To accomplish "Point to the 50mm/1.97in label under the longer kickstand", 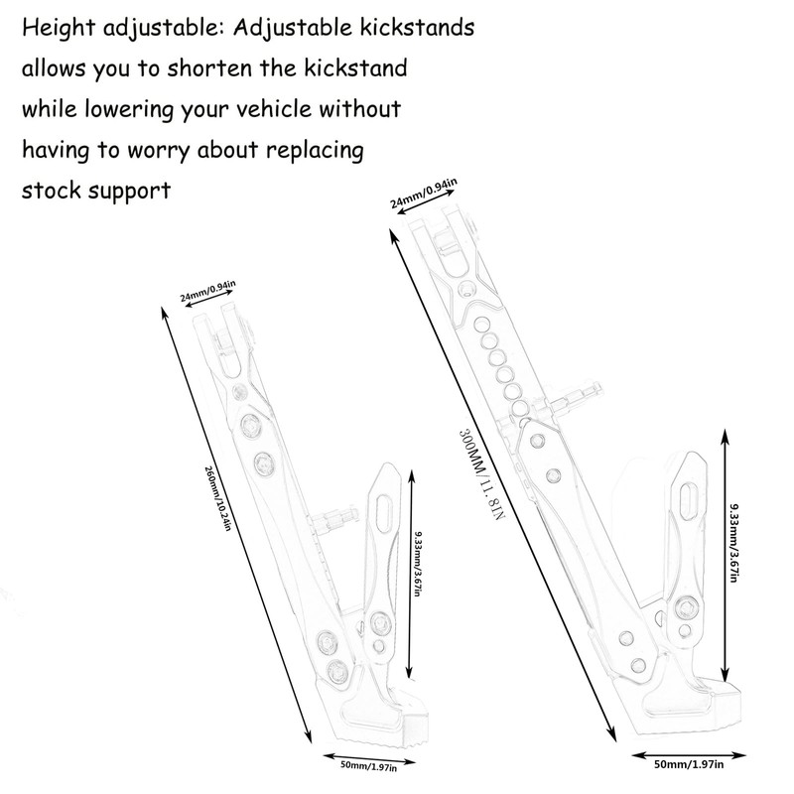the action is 689,765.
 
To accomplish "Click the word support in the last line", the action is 133,191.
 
